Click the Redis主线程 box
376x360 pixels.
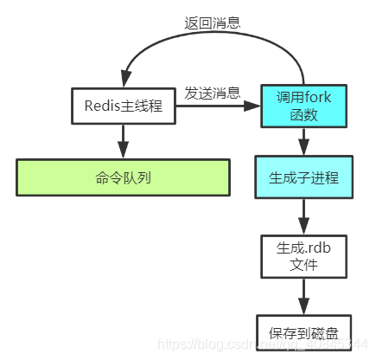123,106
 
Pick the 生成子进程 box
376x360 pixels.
303,178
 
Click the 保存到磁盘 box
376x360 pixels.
303,333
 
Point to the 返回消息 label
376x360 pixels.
212,22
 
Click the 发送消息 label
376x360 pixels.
212,93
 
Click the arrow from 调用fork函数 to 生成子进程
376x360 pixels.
303,141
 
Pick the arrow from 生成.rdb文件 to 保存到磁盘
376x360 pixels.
303,295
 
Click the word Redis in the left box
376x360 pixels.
102,106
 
